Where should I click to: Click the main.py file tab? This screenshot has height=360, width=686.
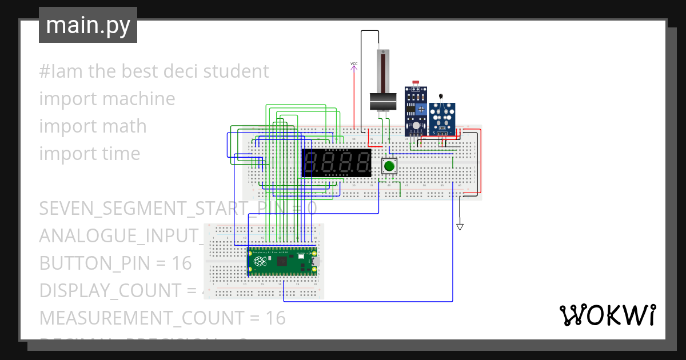pos(88,25)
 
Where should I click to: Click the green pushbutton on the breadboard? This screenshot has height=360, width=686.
pos(389,166)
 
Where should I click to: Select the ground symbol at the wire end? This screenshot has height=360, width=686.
pos(460,227)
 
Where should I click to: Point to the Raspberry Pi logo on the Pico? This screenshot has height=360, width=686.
pos(261,262)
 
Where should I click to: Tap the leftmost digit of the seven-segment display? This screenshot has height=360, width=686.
pos(313,163)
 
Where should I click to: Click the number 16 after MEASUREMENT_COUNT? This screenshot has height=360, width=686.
pos(274,318)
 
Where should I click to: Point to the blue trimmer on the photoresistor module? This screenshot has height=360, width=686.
pos(421,109)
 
